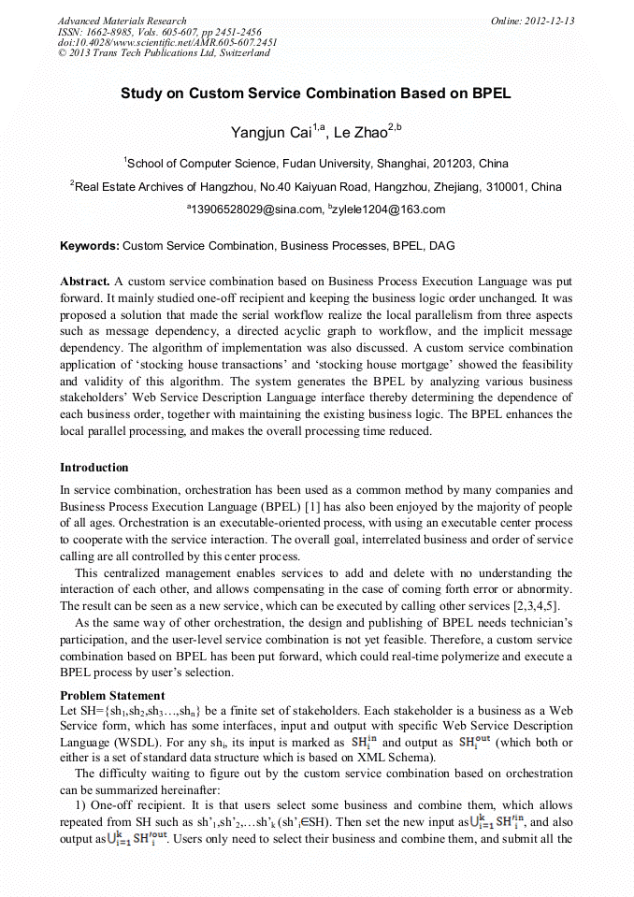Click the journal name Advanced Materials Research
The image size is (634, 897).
pyautogui.click(x=122, y=21)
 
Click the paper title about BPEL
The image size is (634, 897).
pyautogui.click(x=315, y=94)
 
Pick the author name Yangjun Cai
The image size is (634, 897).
pyautogui.click(x=263, y=134)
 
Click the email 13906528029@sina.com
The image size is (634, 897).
pyautogui.click(x=255, y=210)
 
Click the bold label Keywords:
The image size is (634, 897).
pyautogui.click(x=90, y=246)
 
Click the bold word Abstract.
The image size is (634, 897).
pyautogui.click(x=85, y=281)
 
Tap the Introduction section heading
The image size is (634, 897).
pyautogui.click(x=94, y=468)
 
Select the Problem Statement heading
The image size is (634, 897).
pyautogui.click(x=112, y=696)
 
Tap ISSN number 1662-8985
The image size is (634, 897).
pyautogui.click(x=109, y=32)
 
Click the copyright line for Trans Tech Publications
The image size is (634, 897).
pyautogui.click(x=164, y=53)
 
